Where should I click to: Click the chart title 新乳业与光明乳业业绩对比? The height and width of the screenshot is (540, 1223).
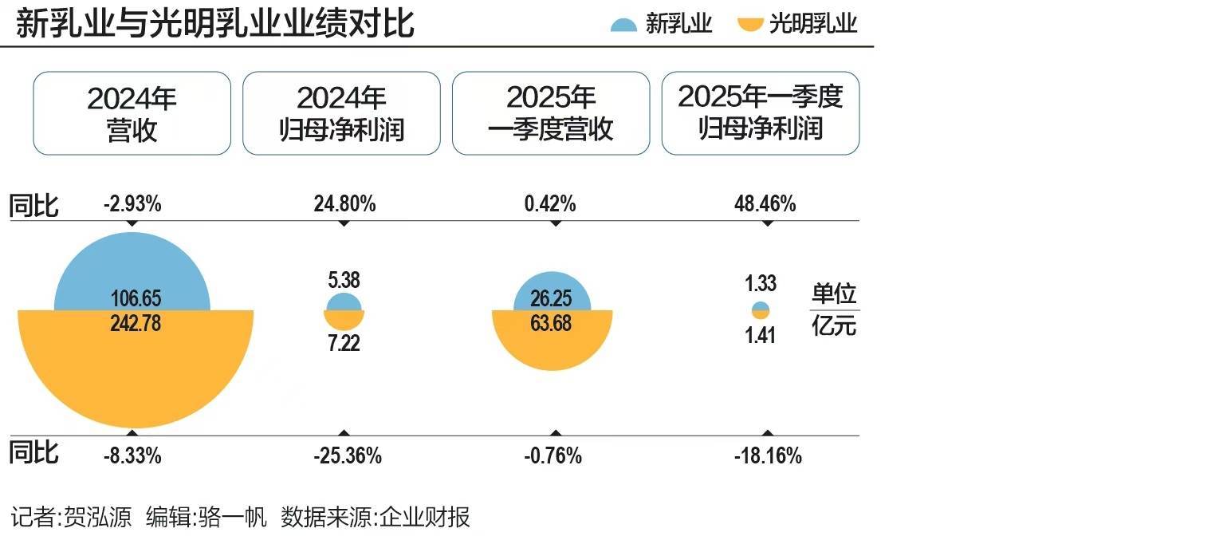click(x=215, y=23)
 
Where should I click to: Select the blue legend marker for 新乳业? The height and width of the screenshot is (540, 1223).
click(x=623, y=25)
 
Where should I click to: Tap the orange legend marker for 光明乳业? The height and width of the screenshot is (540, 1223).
click(x=750, y=25)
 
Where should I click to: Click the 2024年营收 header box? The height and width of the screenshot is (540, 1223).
click(x=132, y=113)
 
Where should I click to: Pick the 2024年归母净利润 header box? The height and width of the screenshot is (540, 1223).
click(x=341, y=113)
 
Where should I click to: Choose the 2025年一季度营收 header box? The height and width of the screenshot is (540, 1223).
click(x=551, y=113)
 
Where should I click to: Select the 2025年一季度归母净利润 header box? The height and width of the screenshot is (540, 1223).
click(x=761, y=113)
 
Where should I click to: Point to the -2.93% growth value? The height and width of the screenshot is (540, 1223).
click(x=132, y=204)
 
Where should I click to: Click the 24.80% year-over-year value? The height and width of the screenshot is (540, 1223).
click(x=344, y=204)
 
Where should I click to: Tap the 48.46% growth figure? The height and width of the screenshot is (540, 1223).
click(x=765, y=204)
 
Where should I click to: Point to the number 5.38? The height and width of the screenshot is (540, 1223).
click(x=344, y=280)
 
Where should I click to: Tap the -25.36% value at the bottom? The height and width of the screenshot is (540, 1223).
click(x=347, y=456)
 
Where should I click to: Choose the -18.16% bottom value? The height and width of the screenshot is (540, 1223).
click(x=768, y=456)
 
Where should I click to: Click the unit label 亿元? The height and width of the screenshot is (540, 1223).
click(x=834, y=325)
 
